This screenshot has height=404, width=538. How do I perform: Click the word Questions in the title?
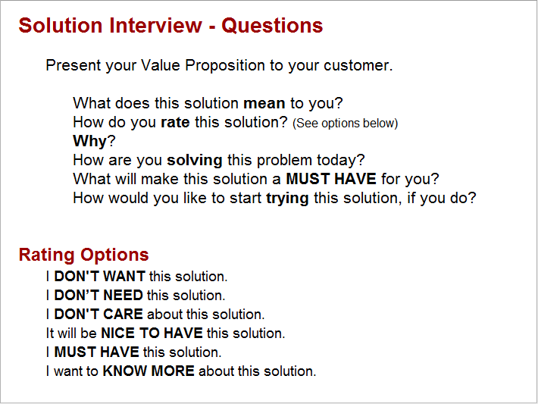click(272, 26)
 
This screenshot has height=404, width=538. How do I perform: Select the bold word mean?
click(264, 103)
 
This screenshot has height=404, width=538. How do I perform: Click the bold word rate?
click(176, 122)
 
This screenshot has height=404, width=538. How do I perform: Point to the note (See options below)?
click(345, 123)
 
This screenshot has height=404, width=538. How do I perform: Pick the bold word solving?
click(195, 160)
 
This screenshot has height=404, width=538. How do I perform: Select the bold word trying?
click(287, 199)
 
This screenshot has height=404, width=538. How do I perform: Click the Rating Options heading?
click(83, 255)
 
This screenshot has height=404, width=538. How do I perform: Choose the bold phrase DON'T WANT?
click(99, 277)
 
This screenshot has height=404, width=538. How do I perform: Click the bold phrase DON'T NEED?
click(99, 296)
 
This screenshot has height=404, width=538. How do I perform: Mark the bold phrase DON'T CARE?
click(99, 315)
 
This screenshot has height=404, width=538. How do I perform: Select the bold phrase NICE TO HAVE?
click(152, 334)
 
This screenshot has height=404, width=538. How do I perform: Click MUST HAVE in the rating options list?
click(96, 352)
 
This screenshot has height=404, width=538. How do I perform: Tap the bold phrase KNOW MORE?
click(149, 371)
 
